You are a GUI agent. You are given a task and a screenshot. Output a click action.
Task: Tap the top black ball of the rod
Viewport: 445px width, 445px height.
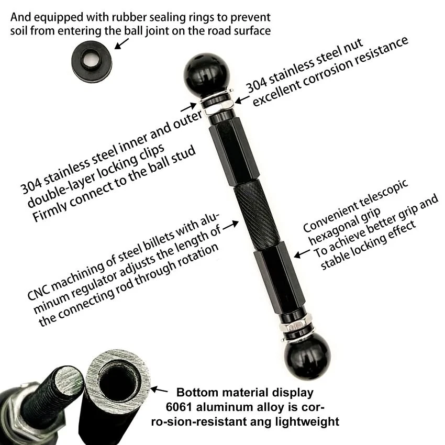pyautogui.click(x=206, y=73)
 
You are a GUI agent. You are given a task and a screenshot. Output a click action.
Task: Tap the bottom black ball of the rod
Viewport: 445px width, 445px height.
pyautogui.click(x=307, y=355)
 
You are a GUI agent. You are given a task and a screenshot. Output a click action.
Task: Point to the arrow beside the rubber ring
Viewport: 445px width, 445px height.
pyautogui.click(x=121, y=43)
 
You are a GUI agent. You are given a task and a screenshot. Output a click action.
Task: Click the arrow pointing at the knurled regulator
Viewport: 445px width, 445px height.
pyautogui.click(x=230, y=226)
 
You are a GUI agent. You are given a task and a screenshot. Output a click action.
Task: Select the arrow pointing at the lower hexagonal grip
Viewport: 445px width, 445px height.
pyautogui.click(x=301, y=254)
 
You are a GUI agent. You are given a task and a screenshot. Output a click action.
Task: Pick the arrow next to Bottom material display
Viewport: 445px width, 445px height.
pyautogui.click(x=161, y=390)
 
